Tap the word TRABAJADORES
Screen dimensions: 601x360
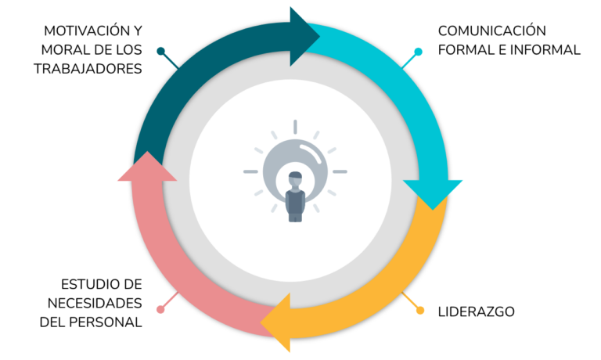[88, 69]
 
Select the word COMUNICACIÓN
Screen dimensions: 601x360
[492, 31]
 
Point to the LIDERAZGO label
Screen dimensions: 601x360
[476, 311]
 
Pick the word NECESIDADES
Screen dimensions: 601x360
[95, 303]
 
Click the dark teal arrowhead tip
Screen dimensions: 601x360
[319, 36]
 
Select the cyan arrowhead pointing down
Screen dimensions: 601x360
[433, 193]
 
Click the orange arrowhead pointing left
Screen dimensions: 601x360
[276, 322]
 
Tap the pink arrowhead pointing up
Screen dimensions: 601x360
[147, 167]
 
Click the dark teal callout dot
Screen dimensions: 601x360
[161, 51]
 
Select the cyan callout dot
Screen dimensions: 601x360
[419, 52]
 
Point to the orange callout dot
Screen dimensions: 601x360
[420, 311]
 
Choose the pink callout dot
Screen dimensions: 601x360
[160, 309]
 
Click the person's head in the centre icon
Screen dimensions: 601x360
[295, 178]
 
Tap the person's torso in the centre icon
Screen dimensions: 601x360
[295, 202]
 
